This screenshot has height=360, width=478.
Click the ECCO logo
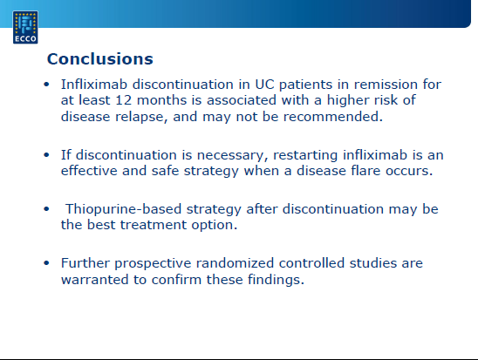[x=25, y=27]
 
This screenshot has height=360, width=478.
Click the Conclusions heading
[x=100, y=58]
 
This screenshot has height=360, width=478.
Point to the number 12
[x=124, y=100]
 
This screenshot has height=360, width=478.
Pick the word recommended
[x=333, y=117]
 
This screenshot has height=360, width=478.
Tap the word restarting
[x=305, y=155]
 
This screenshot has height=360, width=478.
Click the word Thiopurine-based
[x=124, y=209]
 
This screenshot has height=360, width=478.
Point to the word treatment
[x=154, y=225]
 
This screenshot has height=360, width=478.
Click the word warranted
[x=95, y=280]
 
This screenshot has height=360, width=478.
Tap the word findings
[x=276, y=280]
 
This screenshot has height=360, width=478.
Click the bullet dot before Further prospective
[x=46, y=263]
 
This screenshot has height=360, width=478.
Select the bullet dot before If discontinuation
[x=46, y=154]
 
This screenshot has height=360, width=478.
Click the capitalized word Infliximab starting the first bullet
[x=94, y=85]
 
